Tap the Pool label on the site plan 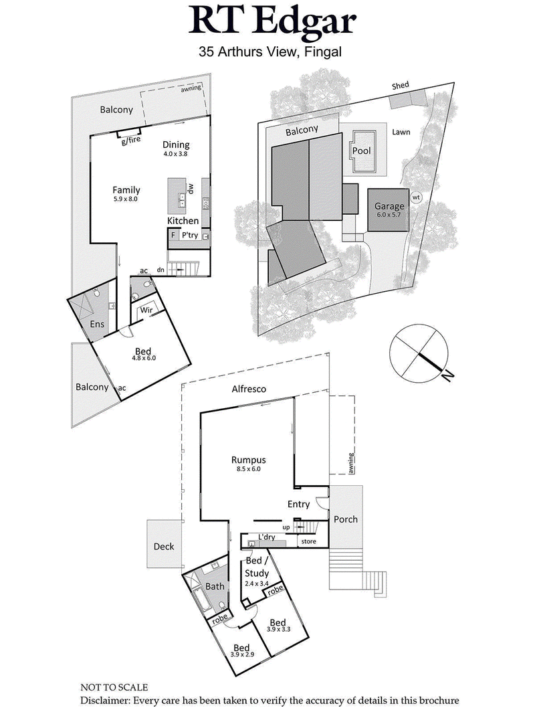click(361, 151)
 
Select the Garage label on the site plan click(389, 207)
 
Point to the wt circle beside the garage click(416, 197)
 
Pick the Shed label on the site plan click(401, 86)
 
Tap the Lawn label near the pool click(401, 132)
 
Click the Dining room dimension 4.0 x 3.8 click(176, 153)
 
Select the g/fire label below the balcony click(130, 141)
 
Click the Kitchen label click(183, 220)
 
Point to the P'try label click(190, 235)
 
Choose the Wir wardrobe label click(146, 311)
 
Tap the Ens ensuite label click(98, 325)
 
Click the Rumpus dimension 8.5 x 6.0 click(249, 469)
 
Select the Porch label click(345, 519)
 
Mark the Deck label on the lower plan click(163, 546)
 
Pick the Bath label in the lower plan click(215, 586)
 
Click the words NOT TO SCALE click(114, 687)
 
